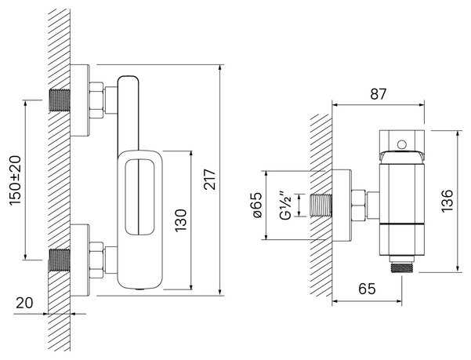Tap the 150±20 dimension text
coord(16,179)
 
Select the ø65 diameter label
coord(255,206)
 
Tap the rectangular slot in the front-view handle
coord(141,195)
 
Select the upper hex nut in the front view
coord(97,100)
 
